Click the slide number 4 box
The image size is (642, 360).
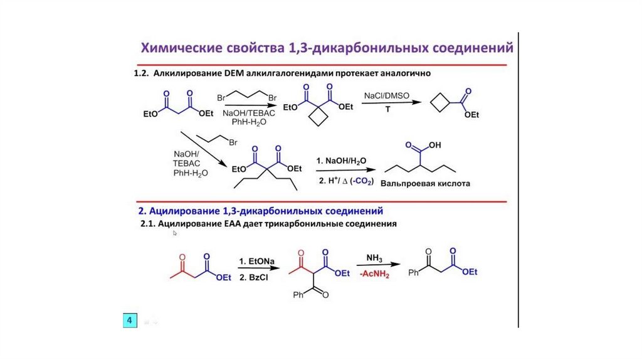(130, 320)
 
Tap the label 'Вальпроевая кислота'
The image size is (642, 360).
(429, 184)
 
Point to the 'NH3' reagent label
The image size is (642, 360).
(374, 258)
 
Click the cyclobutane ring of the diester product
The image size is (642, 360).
(320, 118)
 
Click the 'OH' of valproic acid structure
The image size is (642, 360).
(434, 145)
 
